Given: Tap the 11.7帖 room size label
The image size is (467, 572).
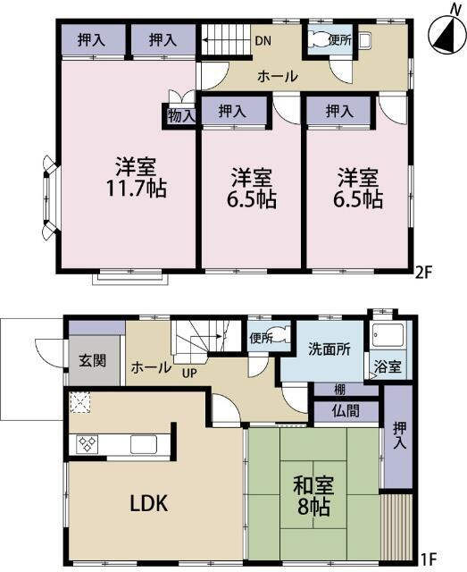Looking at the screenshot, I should (134, 189).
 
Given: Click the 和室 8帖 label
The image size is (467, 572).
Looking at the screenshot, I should (313, 495).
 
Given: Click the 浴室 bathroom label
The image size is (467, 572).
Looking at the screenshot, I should (388, 366).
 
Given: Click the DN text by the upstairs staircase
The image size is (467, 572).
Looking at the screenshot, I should (263, 39).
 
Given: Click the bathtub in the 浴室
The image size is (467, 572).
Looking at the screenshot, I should (389, 338).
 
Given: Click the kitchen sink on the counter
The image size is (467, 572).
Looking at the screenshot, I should (144, 443).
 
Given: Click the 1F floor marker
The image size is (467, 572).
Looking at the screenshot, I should (429, 560).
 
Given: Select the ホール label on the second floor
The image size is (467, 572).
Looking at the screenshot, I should (277, 77).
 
